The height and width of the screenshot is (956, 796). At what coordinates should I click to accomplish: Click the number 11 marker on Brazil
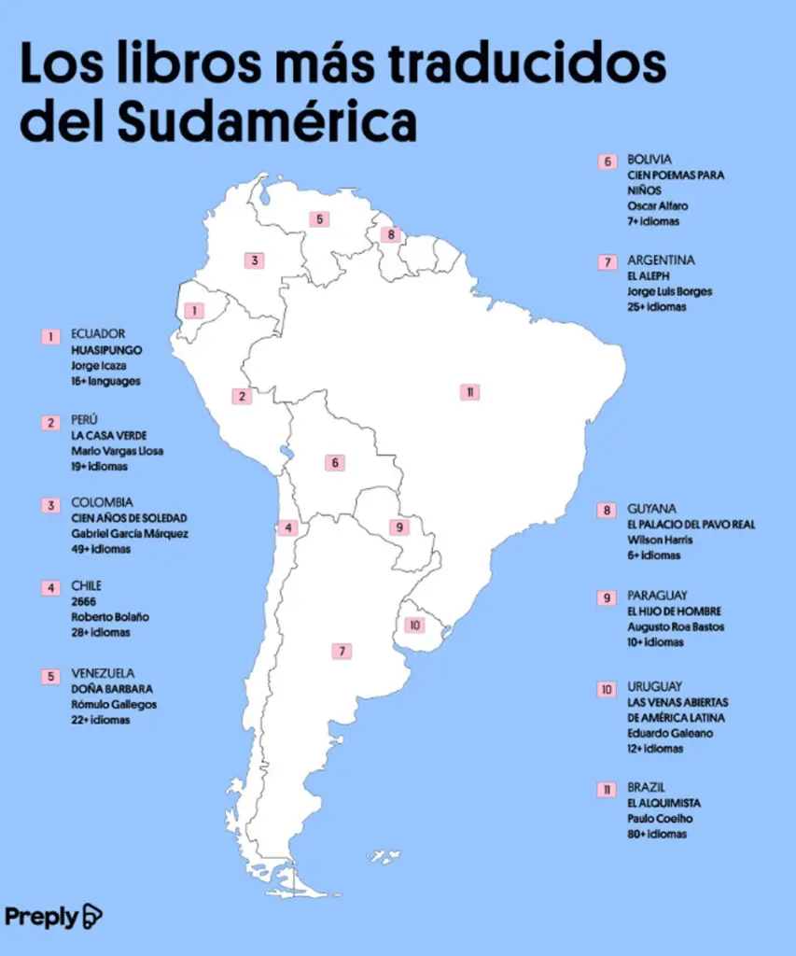click(469, 392)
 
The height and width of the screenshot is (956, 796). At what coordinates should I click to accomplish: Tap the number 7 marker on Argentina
click(342, 652)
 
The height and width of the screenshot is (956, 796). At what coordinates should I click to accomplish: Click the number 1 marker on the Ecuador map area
click(194, 311)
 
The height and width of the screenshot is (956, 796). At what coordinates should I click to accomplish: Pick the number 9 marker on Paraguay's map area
click(400, 527)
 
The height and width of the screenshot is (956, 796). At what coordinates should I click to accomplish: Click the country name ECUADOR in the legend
click(98, 334)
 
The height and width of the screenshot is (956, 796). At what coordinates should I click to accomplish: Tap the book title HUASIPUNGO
click(106, 350)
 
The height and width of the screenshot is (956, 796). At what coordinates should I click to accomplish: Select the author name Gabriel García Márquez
click(130, 534)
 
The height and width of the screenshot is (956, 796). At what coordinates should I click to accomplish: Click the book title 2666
click(84, 602)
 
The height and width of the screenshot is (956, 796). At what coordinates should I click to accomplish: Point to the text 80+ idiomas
click(657, 834)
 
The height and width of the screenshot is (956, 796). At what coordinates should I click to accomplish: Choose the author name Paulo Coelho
click(660, 819)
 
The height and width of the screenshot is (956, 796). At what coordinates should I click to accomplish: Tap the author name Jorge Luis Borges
click(669, 291)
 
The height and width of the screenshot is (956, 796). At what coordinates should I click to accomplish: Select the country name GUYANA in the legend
click(651, 510)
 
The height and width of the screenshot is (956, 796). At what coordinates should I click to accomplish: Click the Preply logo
click(53, 916)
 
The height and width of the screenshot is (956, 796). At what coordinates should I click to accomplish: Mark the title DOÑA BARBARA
click(111, 689)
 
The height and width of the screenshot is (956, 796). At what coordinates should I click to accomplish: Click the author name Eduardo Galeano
click(669, 734)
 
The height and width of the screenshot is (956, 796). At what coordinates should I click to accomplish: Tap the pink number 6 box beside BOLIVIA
click(607, 162)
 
